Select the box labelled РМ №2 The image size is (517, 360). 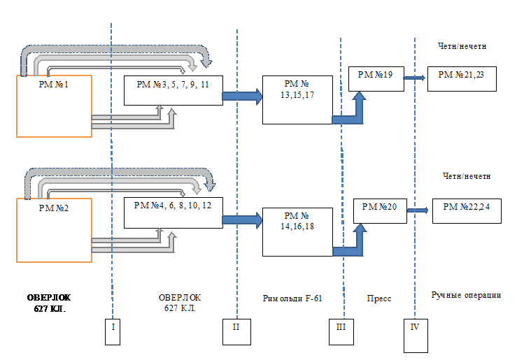pyautogui.click(x=55, y=230)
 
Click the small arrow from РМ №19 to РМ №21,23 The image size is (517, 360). pyautogui.click(x=414, y=78)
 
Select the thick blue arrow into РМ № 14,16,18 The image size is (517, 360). pyautogui.click(x=241, y=219)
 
